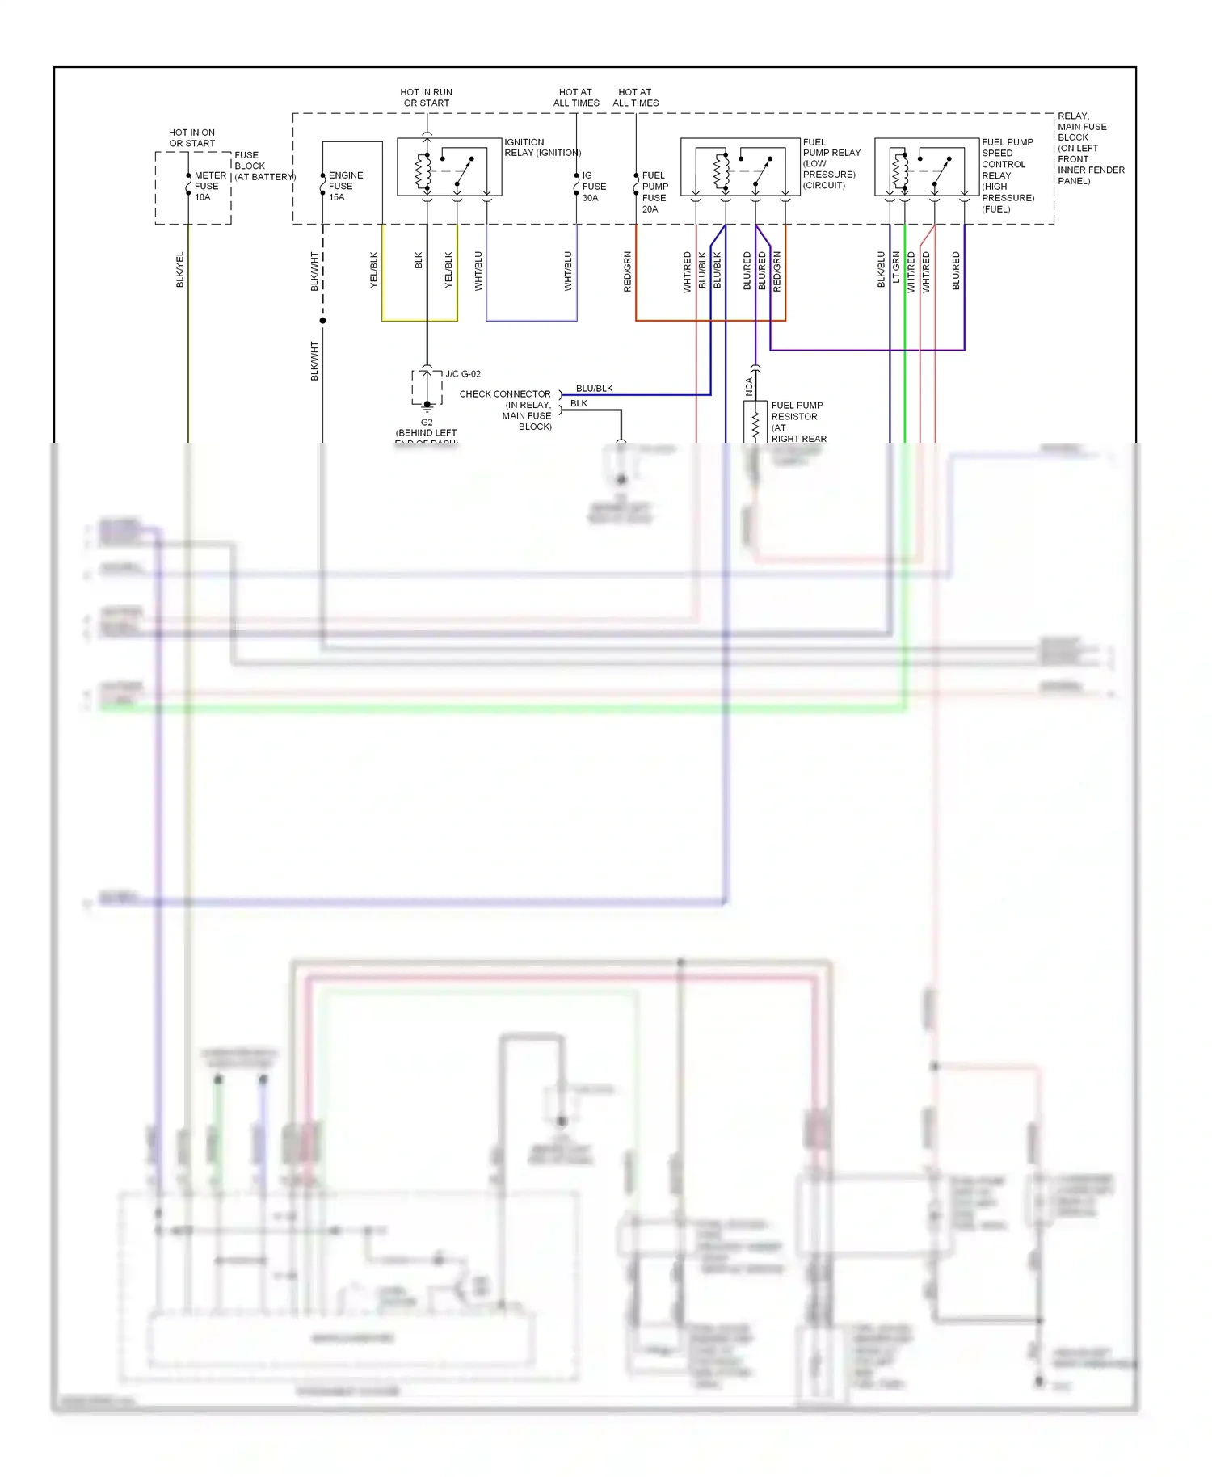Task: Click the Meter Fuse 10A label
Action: [x=209, y=186]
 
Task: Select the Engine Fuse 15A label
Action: [x=345, y=186]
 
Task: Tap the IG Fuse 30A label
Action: [x=594, y=187]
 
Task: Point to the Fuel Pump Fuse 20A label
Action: [x=654, y=192]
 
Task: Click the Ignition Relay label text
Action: [x=542, y=147]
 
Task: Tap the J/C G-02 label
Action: [x=463, y=374]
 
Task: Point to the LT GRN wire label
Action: [x=896, y=267]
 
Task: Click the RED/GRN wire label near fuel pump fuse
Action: [x=628, y=271]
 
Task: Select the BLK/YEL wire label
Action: [x=180, y=270]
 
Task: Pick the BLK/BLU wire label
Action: [x=882, y=270]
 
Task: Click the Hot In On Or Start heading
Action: [x=191, y=138]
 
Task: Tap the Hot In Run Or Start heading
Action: [x=427, y=98]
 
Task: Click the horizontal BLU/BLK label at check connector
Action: [x=594, y=389]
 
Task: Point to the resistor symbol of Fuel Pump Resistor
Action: [x=755, y=425]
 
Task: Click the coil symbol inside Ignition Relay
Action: [x=420, y=170]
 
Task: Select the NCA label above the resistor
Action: [x=749, y=386]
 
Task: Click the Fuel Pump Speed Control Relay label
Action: [x=1007, y=175]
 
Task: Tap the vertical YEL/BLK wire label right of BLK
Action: [x=448, y=270]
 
